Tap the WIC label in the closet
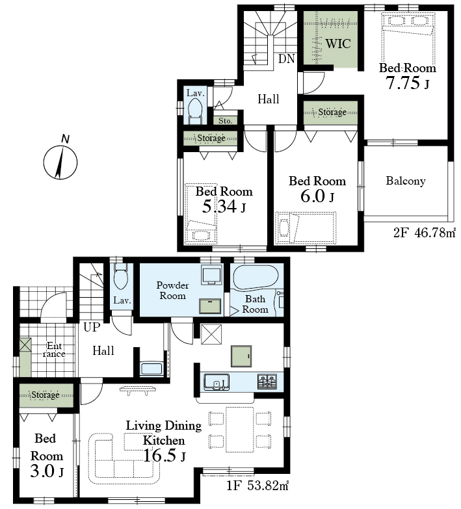click(338, 44)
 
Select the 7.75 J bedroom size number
click(407, 83)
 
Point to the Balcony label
click(406, 181)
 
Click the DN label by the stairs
click(286, 59)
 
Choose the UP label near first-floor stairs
click(92, 327)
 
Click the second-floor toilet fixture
click(195, 111)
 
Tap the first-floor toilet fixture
click(121, 276)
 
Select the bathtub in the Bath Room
click(256, 278)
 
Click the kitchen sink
click(217, 382)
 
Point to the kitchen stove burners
click(267, 381)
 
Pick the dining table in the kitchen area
click(239, 430)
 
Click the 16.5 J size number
click(164, 456)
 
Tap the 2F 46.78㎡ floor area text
click(425, 233)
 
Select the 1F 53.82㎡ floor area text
click(257, 486)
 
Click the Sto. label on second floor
click(226, 121)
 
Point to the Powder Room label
click(172, 291)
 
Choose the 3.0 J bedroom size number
click(47, 471)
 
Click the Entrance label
click(54, 350)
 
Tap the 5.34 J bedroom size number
click(224, 206)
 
